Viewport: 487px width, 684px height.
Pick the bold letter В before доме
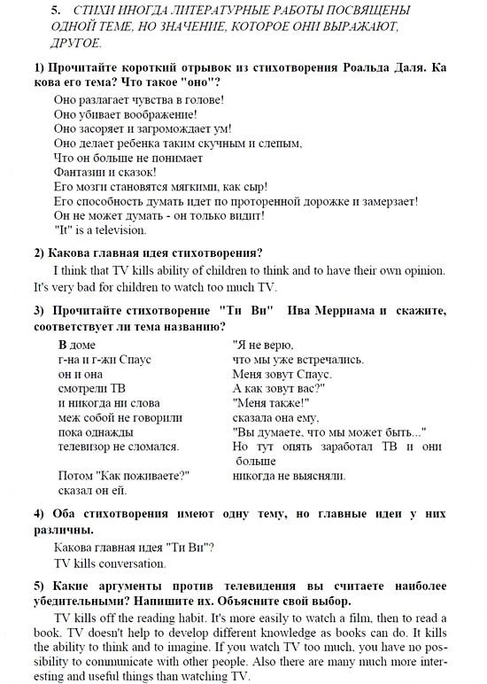[63, 345]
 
